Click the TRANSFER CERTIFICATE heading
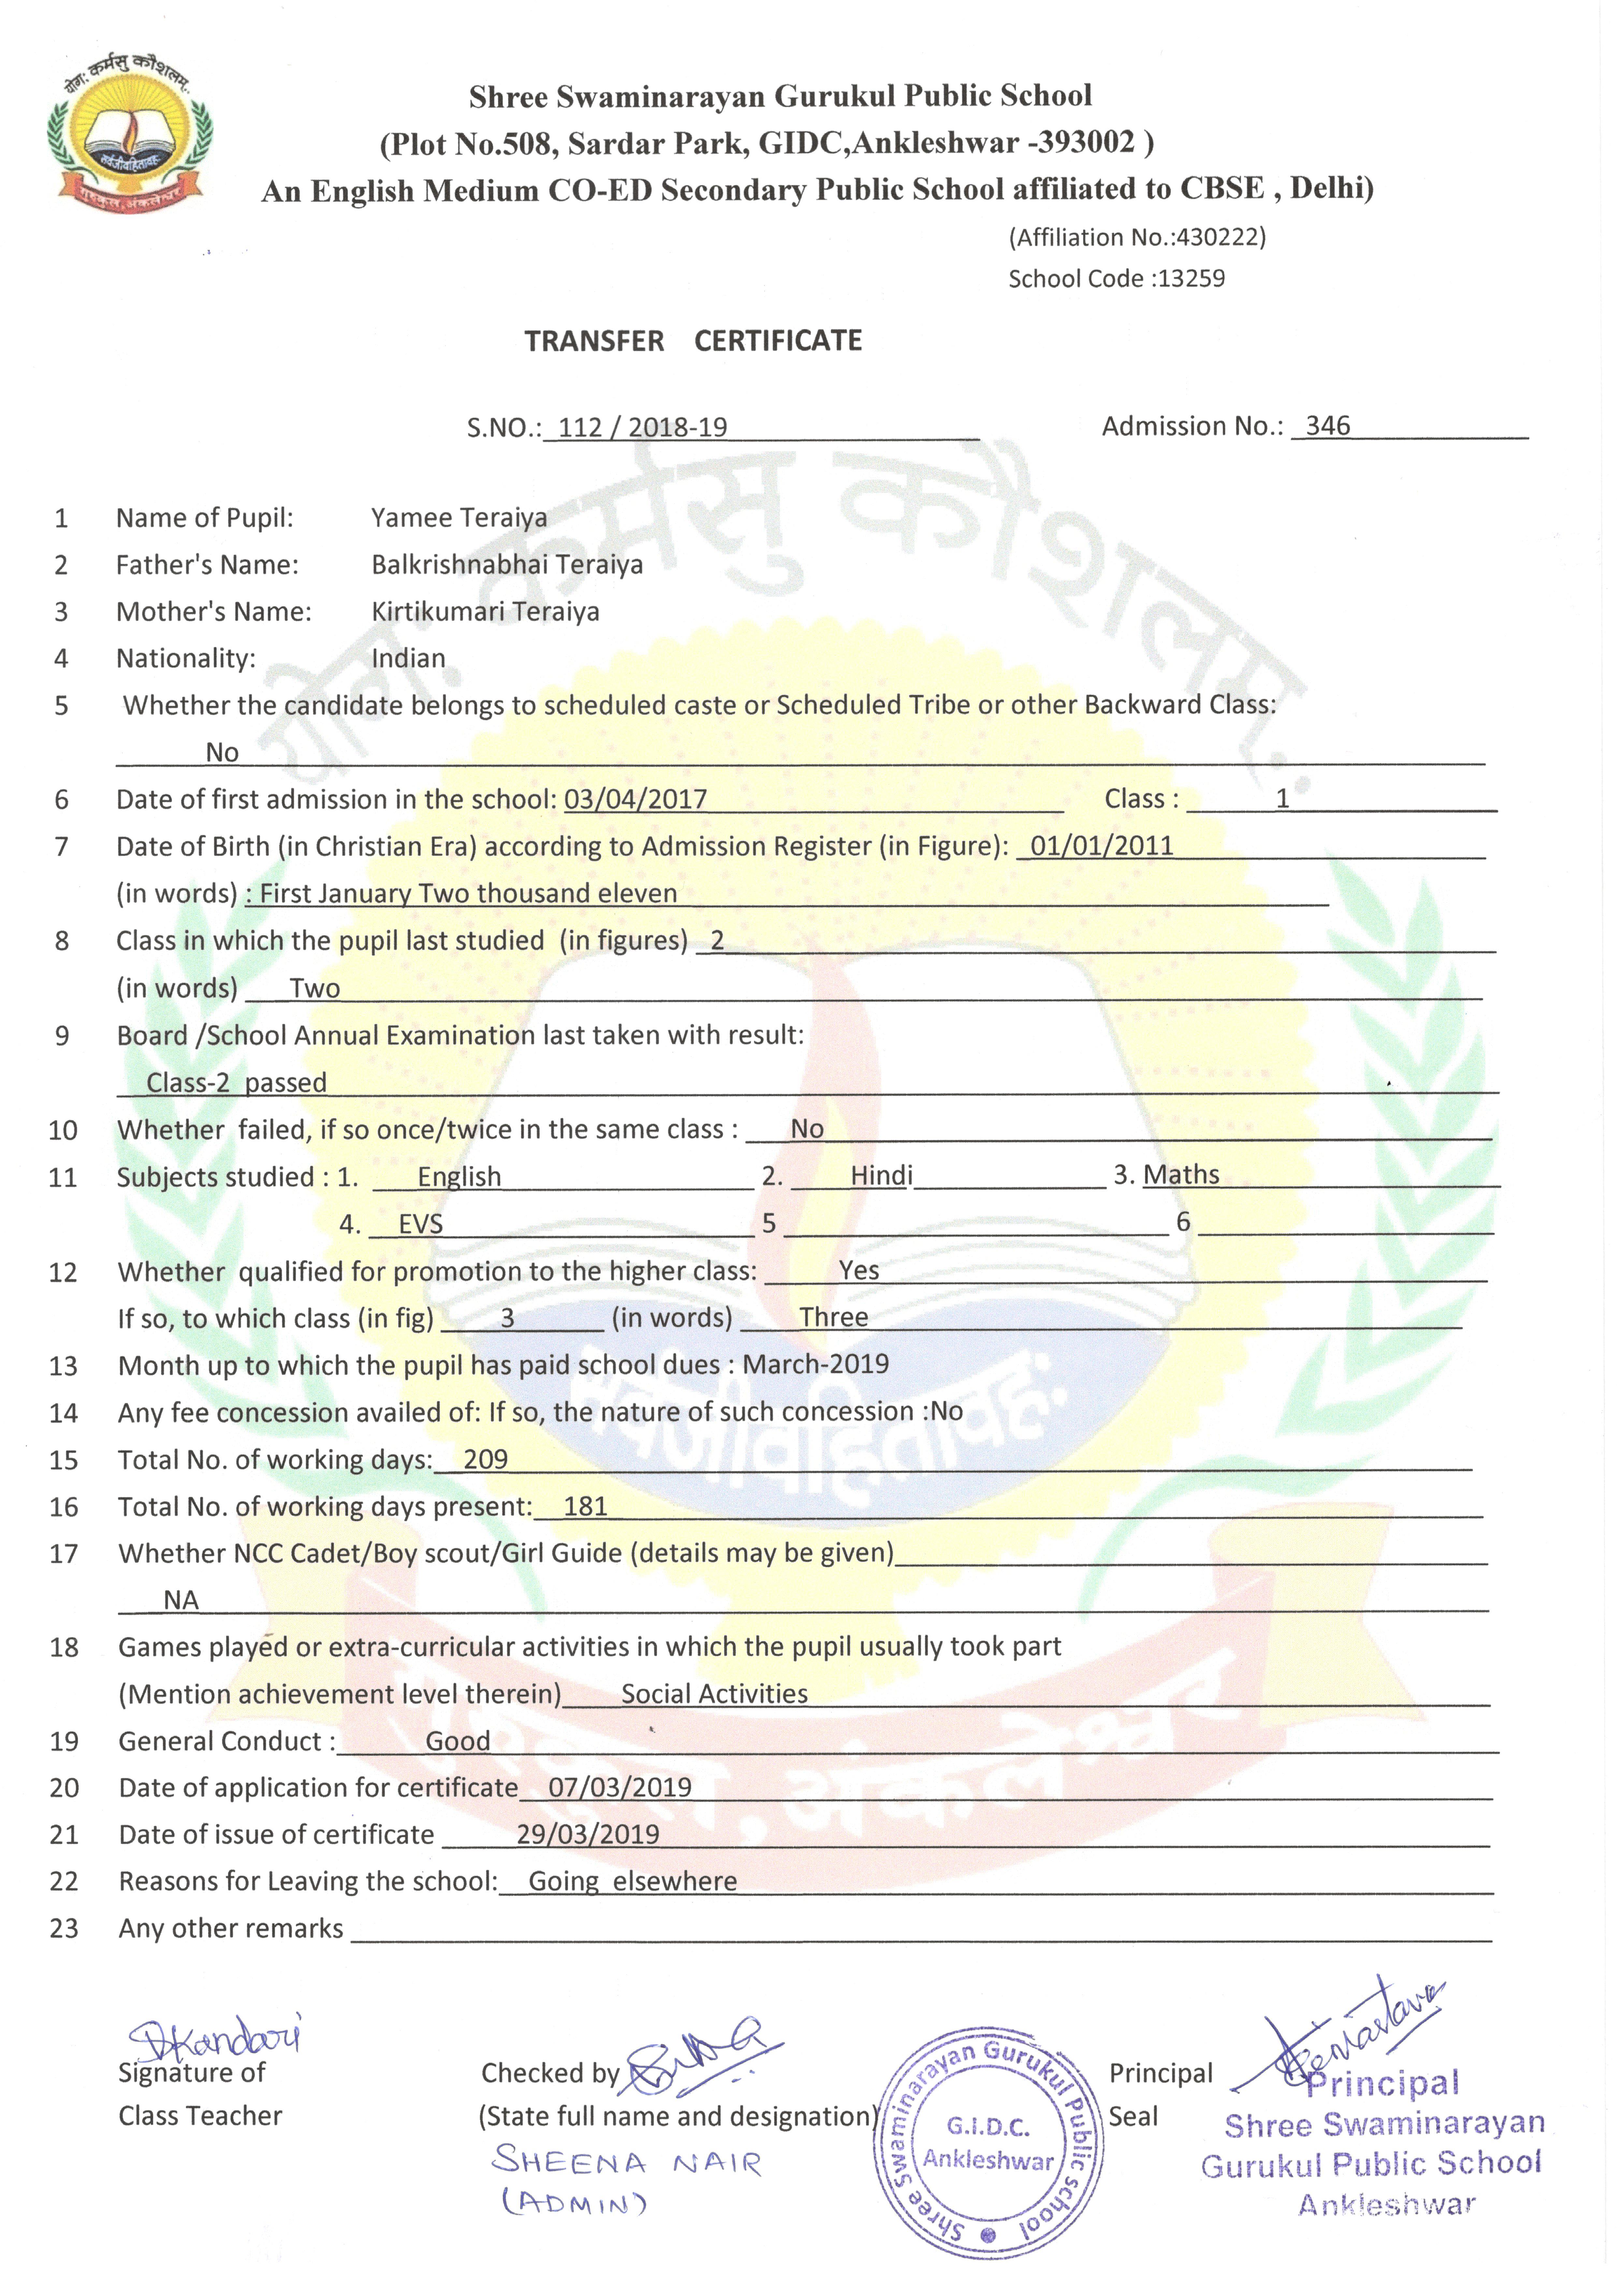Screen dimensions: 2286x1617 tap(693, 342)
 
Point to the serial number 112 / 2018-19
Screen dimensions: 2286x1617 tap(642, 428)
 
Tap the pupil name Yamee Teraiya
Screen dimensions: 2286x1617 tap(459, 519)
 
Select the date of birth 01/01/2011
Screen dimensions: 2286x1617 tap(1101, 846)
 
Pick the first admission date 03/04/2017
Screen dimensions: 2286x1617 tap(635, 799)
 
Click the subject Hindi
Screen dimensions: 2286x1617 tap(881, 1176)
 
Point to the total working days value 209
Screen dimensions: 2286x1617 tap(486, 1459)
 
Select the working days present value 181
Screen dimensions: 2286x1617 tap(586, 1506)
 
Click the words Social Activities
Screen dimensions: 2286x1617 tap(714, 1694)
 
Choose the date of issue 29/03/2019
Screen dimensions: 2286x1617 tap(588, 1835)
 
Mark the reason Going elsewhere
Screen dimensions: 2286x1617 tap(632, 1882)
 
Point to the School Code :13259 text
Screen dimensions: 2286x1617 tap(1116, 279)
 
